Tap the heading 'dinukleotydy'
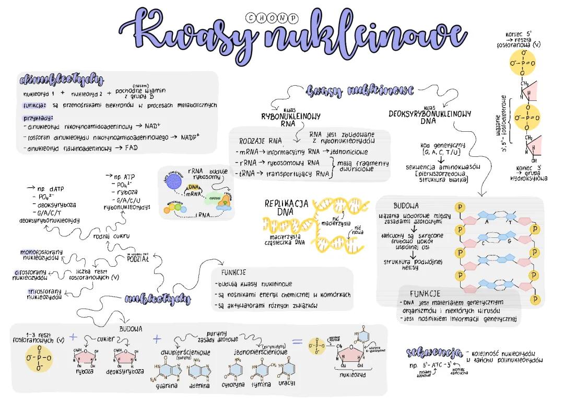tap(61, 80)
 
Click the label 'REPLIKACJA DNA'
tap(286, 208)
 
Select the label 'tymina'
tap(261, 384)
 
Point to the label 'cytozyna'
tap(233, 384)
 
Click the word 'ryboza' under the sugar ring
tap(85, 372)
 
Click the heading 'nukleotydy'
tap(157, 299)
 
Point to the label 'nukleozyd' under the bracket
tap(352, 374)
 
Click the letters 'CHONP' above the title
tap(271, 17)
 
